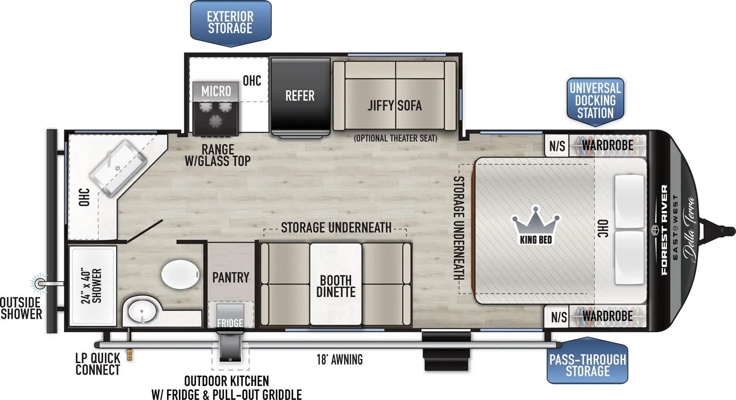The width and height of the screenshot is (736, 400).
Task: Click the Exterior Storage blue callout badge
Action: coord(230,23)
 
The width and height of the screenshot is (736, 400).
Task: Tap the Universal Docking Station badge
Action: coord(595,100)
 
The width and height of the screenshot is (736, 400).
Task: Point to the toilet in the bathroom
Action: coord(180,274)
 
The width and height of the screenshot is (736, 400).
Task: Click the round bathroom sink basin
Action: coord(142,311)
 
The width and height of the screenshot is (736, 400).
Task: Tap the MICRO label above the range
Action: coord(216,91)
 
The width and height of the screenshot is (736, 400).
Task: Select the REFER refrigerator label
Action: coord(300,96)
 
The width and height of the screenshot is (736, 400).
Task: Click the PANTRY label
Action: coord(230,278)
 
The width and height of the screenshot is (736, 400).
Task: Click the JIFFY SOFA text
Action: coord(395,106)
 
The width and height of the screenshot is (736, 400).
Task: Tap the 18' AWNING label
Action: coord(339,359)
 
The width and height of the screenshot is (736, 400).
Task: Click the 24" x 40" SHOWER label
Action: coord(91,286)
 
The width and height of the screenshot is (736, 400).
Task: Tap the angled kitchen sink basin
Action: coord(118,164)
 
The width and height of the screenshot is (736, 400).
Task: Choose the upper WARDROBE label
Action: coord(607,145)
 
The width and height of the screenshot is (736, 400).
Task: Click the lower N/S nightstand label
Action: coord(558,317)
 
